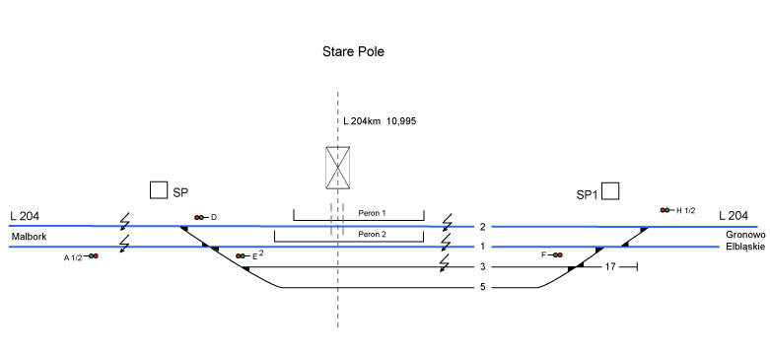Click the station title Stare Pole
[x=353, y=51]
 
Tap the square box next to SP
[x=158, y=190]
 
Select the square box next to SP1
[x=610, y=191]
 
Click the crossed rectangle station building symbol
[x=338, y=168]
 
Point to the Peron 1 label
[x=373, y=214]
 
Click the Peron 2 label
[x=373, y=235]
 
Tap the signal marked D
[x=201, y=217]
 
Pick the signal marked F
[x=555, y=254]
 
